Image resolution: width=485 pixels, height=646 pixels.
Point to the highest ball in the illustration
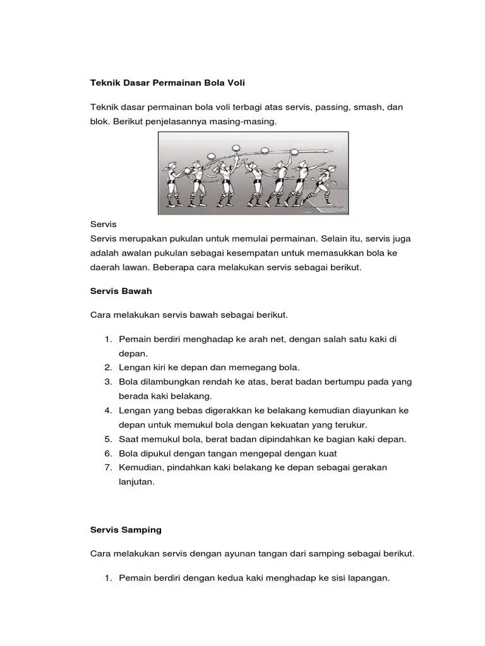tap(264, 150)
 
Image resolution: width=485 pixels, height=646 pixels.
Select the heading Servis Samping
tap(126, 530)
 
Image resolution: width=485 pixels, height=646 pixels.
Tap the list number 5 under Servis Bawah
tap(107, 439)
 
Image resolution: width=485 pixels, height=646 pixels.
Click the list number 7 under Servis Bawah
tap(107, 467)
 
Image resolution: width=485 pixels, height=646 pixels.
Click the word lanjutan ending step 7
tap(136, 481)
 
